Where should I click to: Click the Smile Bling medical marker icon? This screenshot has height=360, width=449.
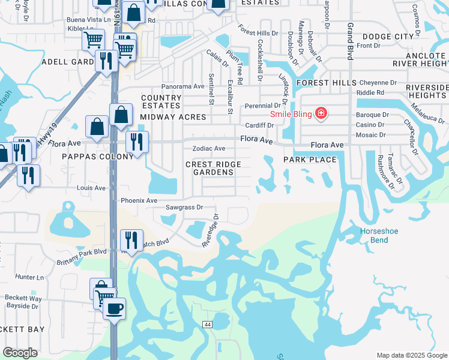(x=321, y=113)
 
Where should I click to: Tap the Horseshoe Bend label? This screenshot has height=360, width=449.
(x=379, y=235)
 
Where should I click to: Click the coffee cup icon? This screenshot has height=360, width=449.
(x=114, y=309)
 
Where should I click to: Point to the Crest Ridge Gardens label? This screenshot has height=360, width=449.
(x=214, y=168)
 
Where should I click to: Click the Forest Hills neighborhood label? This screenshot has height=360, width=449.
(x=322, y=83)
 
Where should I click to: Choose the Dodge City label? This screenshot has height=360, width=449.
(x=390, y=37)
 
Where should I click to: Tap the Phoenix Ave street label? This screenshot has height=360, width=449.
(x=139, y=200)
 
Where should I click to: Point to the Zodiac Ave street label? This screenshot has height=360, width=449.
(x=208, y=148)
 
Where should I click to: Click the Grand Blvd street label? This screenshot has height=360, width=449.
(x=349, y=41)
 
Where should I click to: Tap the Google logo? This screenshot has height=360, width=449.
(x=20, y=353)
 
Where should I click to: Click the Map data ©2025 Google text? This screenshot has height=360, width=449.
(x=411, y=355)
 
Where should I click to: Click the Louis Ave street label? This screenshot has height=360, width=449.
(x=91, y=188)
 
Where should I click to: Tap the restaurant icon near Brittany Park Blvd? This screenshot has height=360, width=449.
(x=131, y=240)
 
